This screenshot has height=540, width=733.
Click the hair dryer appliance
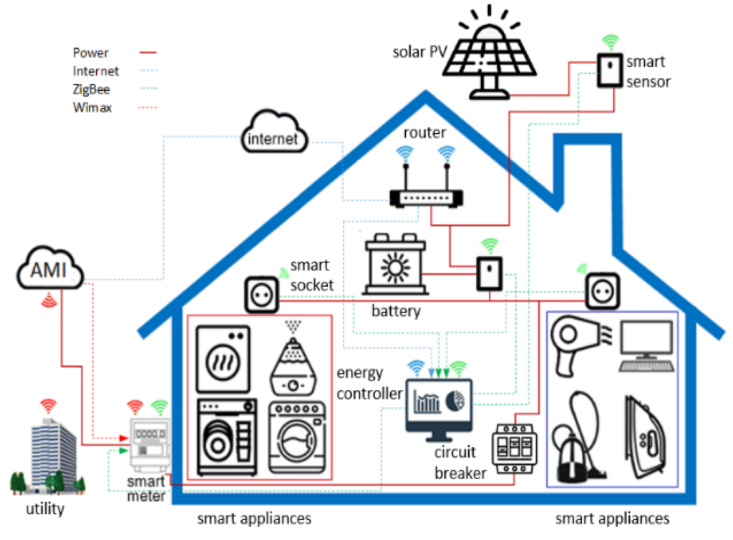click(576, 343)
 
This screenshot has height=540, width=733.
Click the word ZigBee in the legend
click(91, 89)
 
